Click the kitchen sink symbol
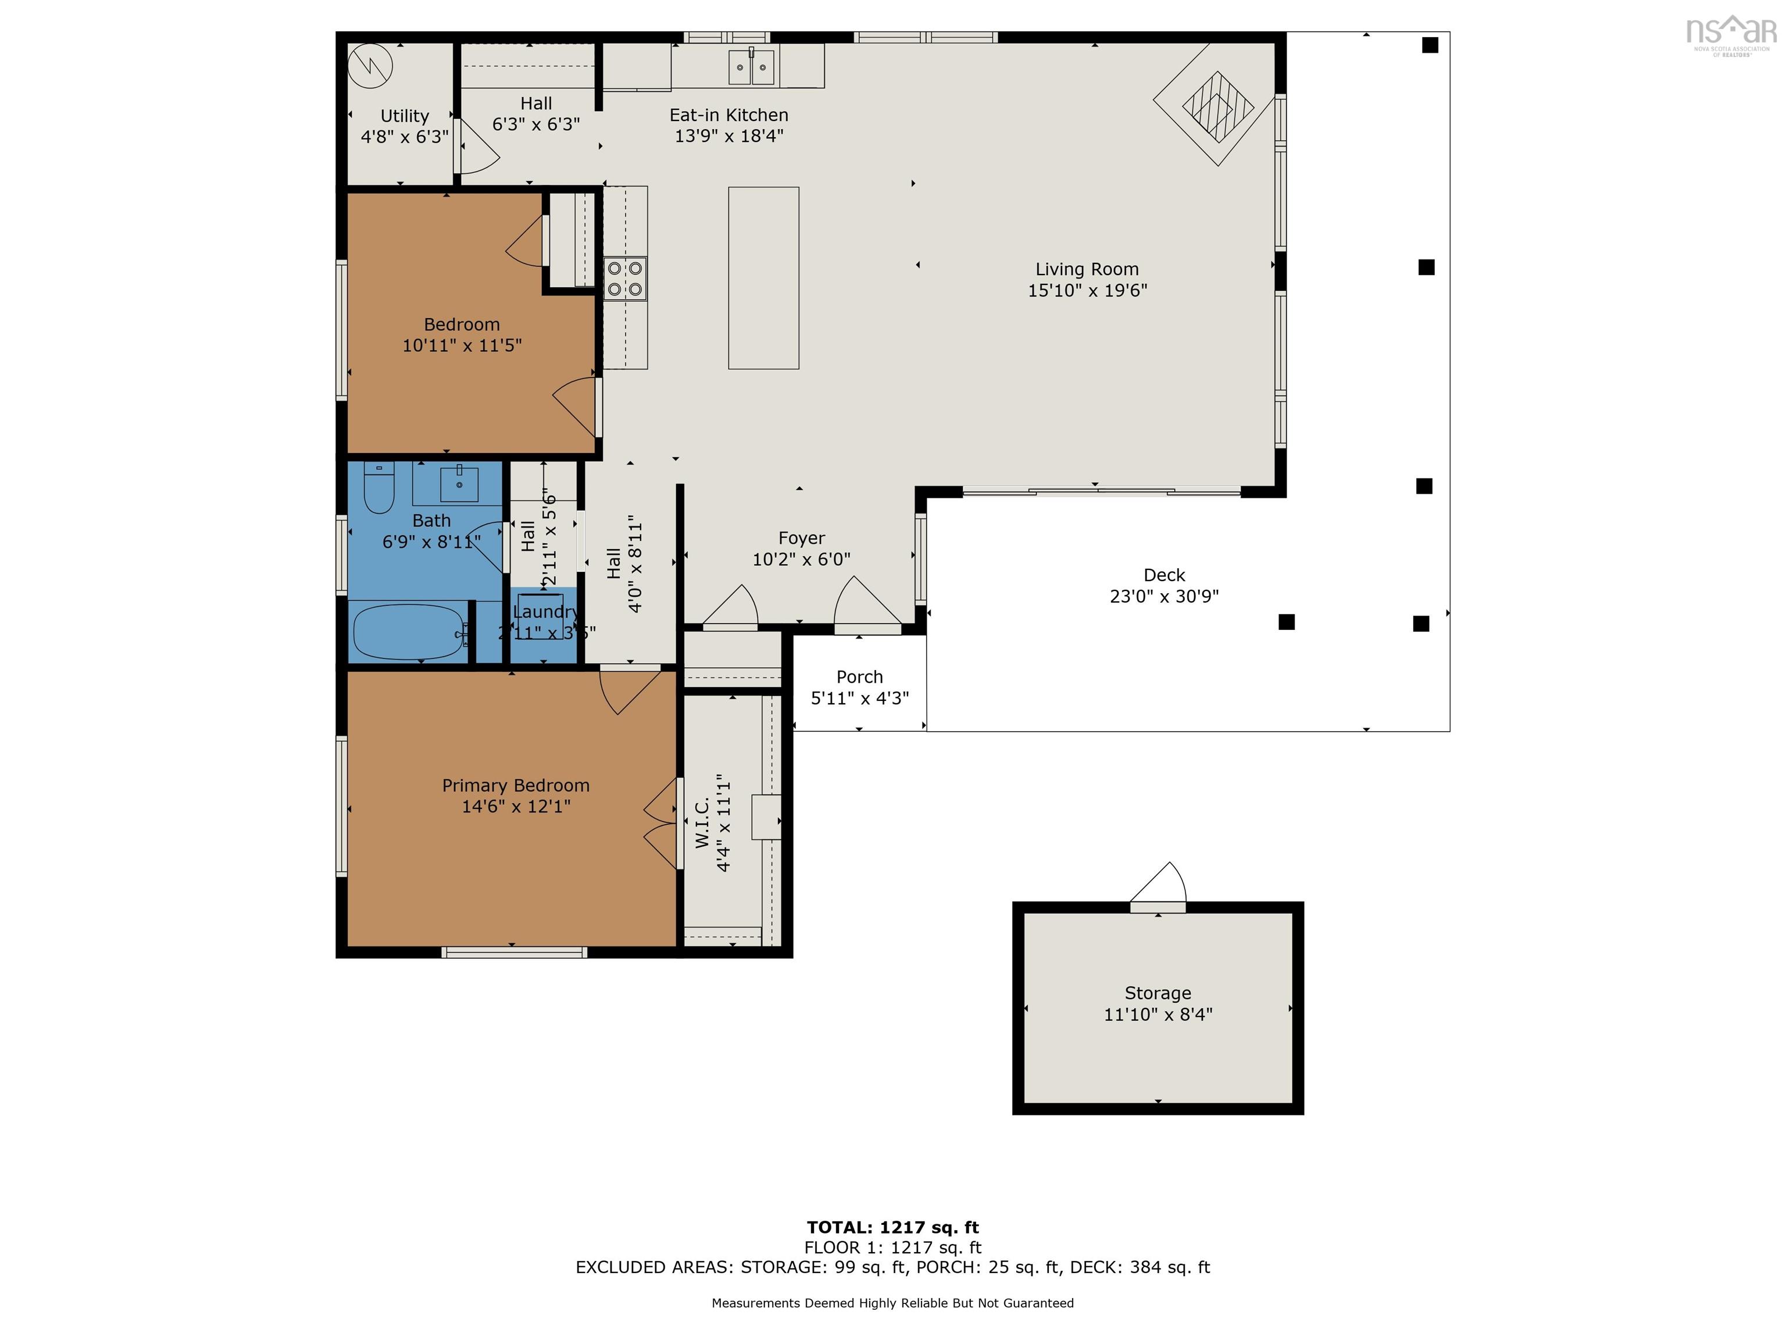(752, 67)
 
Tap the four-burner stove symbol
(625, 279)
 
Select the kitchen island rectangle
(763, 278)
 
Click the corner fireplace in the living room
(1217, 106)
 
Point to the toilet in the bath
(378, 488)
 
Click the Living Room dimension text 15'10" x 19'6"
(1087, 291)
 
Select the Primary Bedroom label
(515, 785)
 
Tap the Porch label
(859, 677)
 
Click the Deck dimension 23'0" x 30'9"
(1163, 596)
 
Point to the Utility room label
(405, 116)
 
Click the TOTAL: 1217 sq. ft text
(892, 1227)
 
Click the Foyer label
(801, 538)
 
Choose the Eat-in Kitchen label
(728, 115)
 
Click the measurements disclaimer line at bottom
(892, 1302)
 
